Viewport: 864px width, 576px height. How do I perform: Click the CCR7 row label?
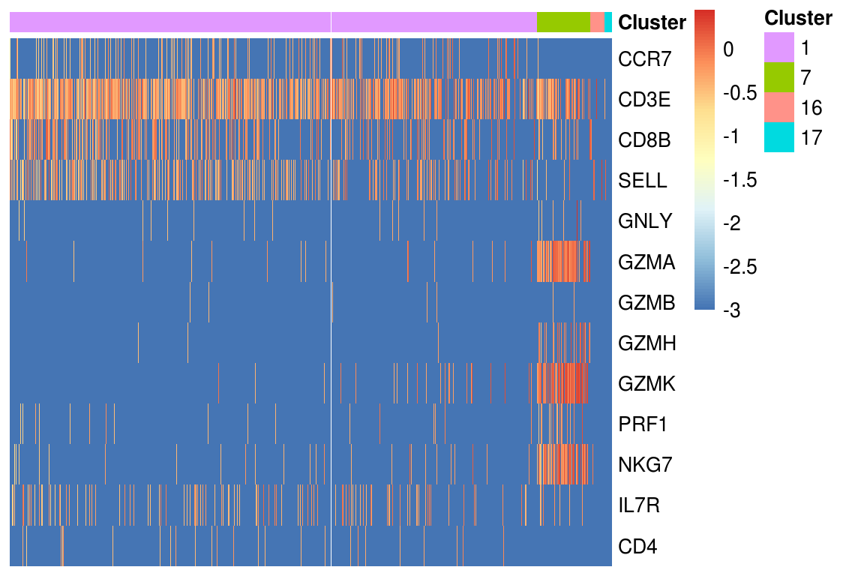coord(645,59)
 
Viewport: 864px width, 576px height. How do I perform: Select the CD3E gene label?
coord(644,100)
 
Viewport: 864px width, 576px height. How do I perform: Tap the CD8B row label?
coord(644,140)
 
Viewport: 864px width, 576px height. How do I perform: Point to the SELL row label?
coord(643,180)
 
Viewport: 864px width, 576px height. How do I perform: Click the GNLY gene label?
coord(645,221)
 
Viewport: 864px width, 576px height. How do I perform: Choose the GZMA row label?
coord(647,262)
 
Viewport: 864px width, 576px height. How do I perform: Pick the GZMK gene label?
coord(647,384)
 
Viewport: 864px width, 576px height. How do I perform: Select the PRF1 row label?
coord(643,424)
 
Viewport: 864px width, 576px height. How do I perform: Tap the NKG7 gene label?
coord(645,465)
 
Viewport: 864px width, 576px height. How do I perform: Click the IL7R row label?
coord(639,505)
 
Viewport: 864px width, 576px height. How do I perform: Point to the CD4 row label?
coord(637,546)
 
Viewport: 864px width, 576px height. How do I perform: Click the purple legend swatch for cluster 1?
coord(779,47)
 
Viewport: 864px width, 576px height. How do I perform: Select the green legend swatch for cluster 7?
coord(779,77)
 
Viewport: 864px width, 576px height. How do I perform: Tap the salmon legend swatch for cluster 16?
coord(779,107)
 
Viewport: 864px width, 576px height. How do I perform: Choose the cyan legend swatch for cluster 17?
coord(779,136)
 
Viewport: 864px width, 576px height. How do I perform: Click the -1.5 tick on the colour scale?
coord(740,180)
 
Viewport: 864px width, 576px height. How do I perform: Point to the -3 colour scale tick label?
coord(732,310)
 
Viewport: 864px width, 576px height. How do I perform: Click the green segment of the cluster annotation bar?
coord(563,22)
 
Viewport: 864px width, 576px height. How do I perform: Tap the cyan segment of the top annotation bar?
coord(608,22)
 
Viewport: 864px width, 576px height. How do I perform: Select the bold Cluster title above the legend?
coord(798,18)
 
